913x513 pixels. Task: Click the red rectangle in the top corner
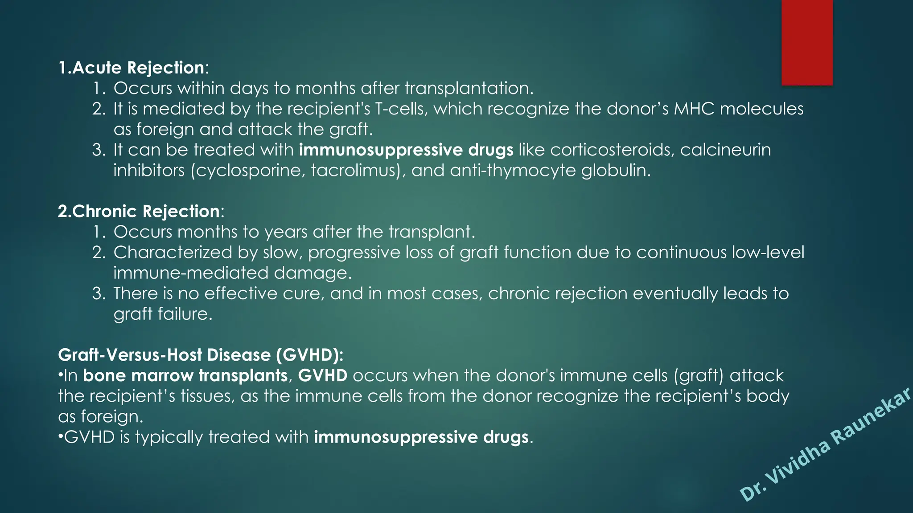807,42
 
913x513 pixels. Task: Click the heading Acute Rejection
138,68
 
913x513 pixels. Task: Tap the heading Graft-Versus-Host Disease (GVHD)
201,355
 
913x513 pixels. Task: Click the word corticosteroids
610,150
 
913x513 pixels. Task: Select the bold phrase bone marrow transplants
185,376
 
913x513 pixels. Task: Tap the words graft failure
163,314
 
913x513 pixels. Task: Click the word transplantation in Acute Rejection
469,89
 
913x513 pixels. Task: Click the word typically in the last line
169,437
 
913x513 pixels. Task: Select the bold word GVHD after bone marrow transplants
322,376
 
